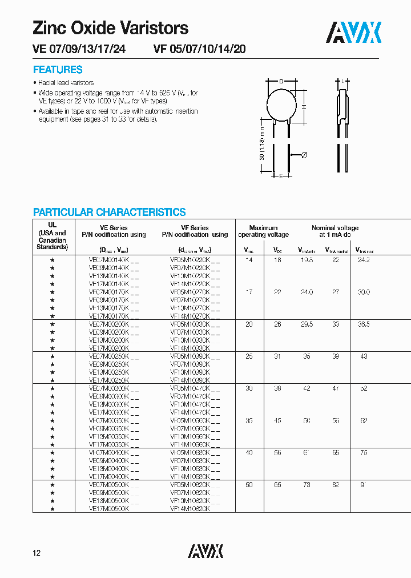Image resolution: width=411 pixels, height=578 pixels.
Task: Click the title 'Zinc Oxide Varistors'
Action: pyautogui.click(x=110, y=27)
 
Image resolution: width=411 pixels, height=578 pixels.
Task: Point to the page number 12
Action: pyautogui.click(x=37, y=553)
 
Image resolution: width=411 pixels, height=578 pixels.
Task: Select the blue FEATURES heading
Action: pyautogui.click(x=58, y=70)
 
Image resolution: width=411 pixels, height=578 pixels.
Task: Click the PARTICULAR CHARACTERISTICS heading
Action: pyautogui.click(x=109, y=212)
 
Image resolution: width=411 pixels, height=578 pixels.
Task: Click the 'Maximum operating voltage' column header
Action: pyautogui.click(x=263, y=231)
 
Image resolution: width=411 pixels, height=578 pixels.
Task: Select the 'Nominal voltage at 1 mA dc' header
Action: pyautogui.click(x=335, y=231)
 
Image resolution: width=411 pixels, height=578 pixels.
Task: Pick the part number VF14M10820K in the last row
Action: pyautogui.click(x=190, y=508)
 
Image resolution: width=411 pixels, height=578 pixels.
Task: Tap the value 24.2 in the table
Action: pyautogui.click(x=363, y=260)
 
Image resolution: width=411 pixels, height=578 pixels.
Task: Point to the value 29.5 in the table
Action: pyautogui.click(x=307, y=324)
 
